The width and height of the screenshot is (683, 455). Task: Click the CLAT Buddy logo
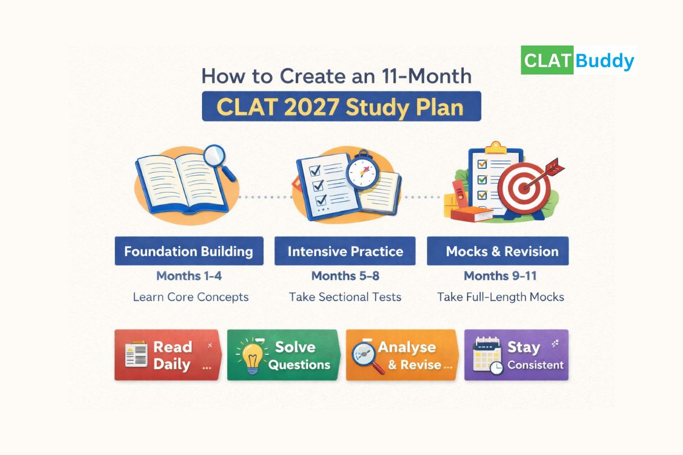coord(578,61)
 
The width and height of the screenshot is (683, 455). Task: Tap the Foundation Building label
coord(189,251)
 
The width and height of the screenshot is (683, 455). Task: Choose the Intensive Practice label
coord(345,251)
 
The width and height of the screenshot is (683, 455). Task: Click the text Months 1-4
coord(190,276)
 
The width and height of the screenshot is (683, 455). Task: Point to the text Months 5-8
coord(345,276)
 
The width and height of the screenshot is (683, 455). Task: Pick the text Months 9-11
coord(500,276)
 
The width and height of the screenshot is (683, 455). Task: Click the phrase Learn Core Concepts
coord(191,297)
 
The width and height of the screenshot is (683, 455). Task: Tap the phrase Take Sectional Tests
coord(345,297)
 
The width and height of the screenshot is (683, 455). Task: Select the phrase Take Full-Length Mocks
coord(500,297)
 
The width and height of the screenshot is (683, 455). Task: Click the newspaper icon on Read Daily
coord(137,355)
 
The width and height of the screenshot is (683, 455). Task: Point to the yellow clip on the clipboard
coord(495,148)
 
